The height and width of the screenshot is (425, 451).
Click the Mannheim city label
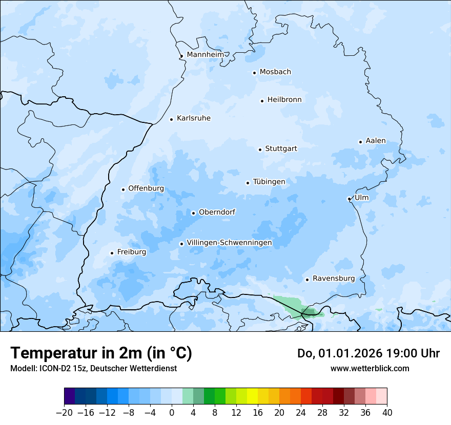click(206, 55)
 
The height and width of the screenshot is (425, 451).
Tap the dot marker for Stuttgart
click(260, 150)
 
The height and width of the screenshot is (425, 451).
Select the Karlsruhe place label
click(194, 118)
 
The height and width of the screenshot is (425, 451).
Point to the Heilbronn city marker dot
click(262, 101)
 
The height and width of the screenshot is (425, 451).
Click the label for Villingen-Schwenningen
click(229, 243)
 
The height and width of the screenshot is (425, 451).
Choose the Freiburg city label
click(132, 252)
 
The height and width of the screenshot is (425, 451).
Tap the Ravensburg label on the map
click(334, 279)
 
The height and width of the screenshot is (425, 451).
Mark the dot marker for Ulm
click(349, 199)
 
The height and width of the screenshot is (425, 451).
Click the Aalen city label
click(376, 141)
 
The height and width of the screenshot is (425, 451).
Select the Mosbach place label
click(275, 72)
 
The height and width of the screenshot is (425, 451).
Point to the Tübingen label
click(269, 182)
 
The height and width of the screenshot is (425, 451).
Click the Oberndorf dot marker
click(193, 213)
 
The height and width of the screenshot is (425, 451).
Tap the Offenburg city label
click(146, 188)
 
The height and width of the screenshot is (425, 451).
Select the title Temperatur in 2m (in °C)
click(101, 353)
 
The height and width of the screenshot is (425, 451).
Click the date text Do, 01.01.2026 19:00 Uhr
click(368, 353)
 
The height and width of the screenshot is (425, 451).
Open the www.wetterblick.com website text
click(370, 368)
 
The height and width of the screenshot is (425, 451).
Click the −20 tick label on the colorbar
click(64, 413)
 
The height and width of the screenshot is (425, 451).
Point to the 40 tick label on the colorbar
click(387, 413)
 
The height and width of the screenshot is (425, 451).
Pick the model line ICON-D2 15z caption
click(93, 368)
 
